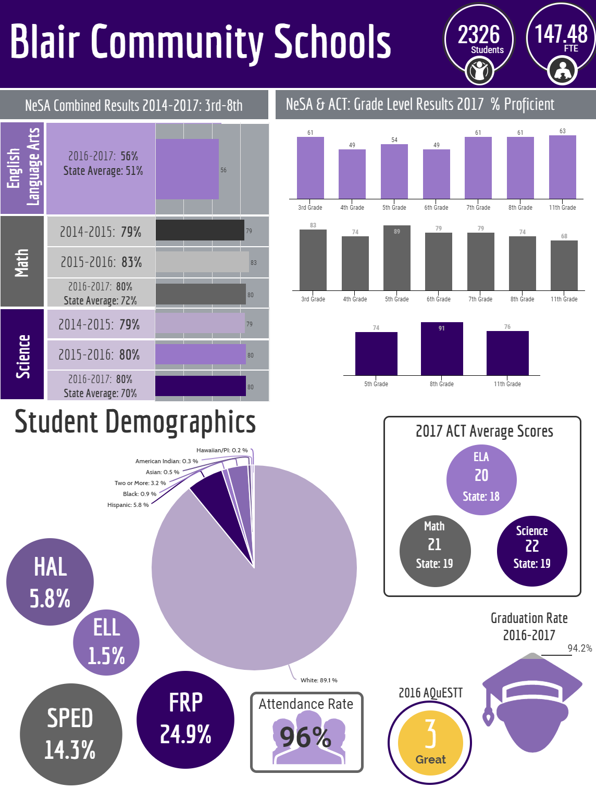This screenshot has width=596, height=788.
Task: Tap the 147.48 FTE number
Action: tap(561, 34)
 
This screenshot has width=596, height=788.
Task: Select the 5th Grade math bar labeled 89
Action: tap(396, 258)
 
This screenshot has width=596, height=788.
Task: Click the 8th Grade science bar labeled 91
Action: tap(442, 349)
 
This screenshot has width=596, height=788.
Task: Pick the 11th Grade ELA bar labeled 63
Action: tap(563, 167)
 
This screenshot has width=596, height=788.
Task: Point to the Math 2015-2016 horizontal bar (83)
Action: tap(202, 262)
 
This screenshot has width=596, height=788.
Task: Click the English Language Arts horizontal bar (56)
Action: tap(187, 169)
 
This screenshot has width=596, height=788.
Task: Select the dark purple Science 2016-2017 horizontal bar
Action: tap(201, 386)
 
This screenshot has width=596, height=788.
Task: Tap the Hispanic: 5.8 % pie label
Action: tap(128, 505)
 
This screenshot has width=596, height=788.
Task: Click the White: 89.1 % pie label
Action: tap(319, 680)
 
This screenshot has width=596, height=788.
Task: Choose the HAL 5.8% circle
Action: tap(50, 581)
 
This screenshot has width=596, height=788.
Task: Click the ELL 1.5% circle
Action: tap(106, 642)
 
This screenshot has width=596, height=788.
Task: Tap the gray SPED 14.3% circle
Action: tap(71, 734)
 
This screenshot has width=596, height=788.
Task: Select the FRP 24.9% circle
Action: tap(185, 720)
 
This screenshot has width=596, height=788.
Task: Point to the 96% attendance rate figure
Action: tap(305, 738)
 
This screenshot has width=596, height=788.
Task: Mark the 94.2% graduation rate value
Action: tap(579, 649)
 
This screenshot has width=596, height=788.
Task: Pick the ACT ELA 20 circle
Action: tap(481, 480)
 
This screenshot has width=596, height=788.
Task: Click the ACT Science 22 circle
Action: tap(532, 551)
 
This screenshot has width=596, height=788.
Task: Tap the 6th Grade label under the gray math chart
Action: tap(438, 299)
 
